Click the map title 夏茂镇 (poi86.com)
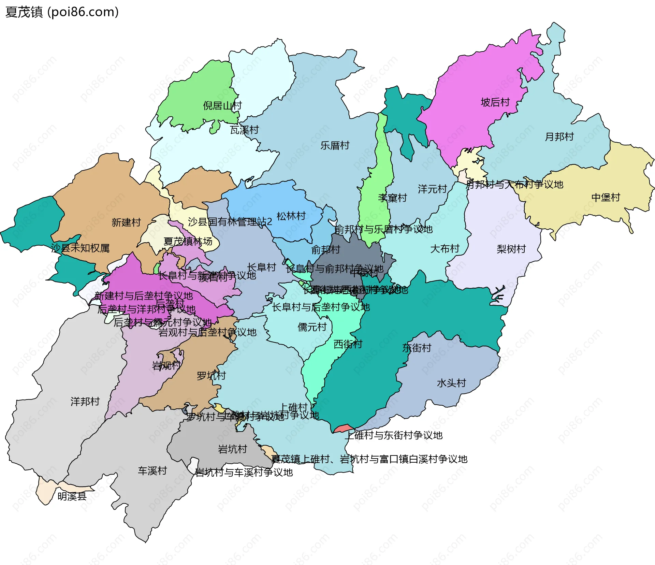62,12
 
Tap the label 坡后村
495,102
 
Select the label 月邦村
559,137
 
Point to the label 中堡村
606,198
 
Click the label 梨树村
511,249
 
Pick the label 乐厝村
335,146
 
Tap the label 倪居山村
222,106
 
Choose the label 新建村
126,222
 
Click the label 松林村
291,216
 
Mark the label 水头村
451,383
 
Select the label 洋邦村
85,402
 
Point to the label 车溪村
152,471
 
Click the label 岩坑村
232,449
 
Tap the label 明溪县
72,496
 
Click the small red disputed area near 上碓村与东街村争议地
343,429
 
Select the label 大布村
445,249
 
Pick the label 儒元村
312,327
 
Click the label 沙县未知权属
80,248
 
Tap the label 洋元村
432,189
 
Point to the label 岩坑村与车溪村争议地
244,473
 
